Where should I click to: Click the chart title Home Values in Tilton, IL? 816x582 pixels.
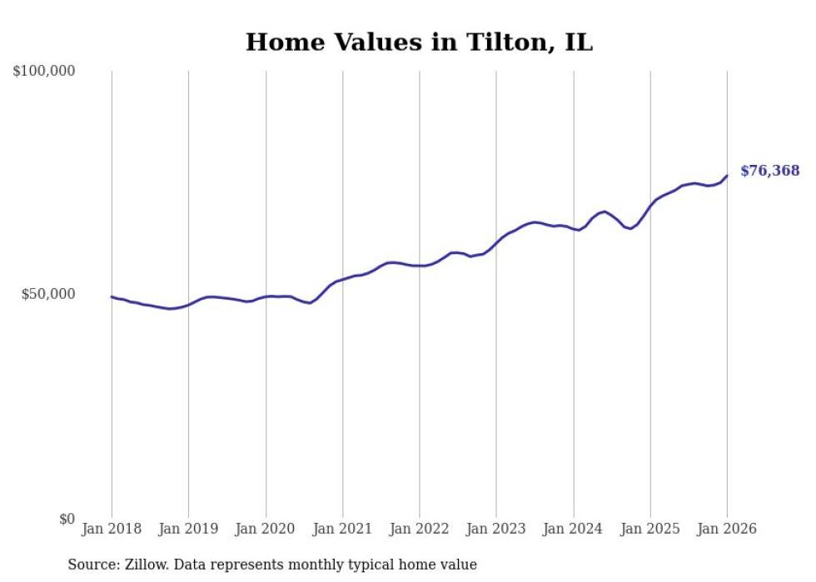(419, 42)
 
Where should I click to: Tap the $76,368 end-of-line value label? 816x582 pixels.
(769, 171)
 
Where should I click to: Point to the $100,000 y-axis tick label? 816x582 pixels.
(44, 72)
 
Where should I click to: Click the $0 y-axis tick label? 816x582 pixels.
(67, 519)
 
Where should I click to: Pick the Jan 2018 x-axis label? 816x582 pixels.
(112, 530)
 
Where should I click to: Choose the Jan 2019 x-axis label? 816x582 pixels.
(189, 530)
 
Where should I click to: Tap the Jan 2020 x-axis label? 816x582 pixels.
(266, 530)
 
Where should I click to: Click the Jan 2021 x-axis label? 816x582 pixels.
(343, 530)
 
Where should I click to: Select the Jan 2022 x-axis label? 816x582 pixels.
(420, 530)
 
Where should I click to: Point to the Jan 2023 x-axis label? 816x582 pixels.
(496, 530)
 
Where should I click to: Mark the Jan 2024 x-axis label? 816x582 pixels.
(574, 530)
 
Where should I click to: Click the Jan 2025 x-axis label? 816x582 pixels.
(650, 530)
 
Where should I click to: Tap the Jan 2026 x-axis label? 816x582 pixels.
(727, 530)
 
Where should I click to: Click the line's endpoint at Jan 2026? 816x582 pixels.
(727, 176)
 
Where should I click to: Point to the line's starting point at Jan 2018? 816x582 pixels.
(112, 296)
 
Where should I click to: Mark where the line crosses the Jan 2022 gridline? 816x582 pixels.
(420, 266)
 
